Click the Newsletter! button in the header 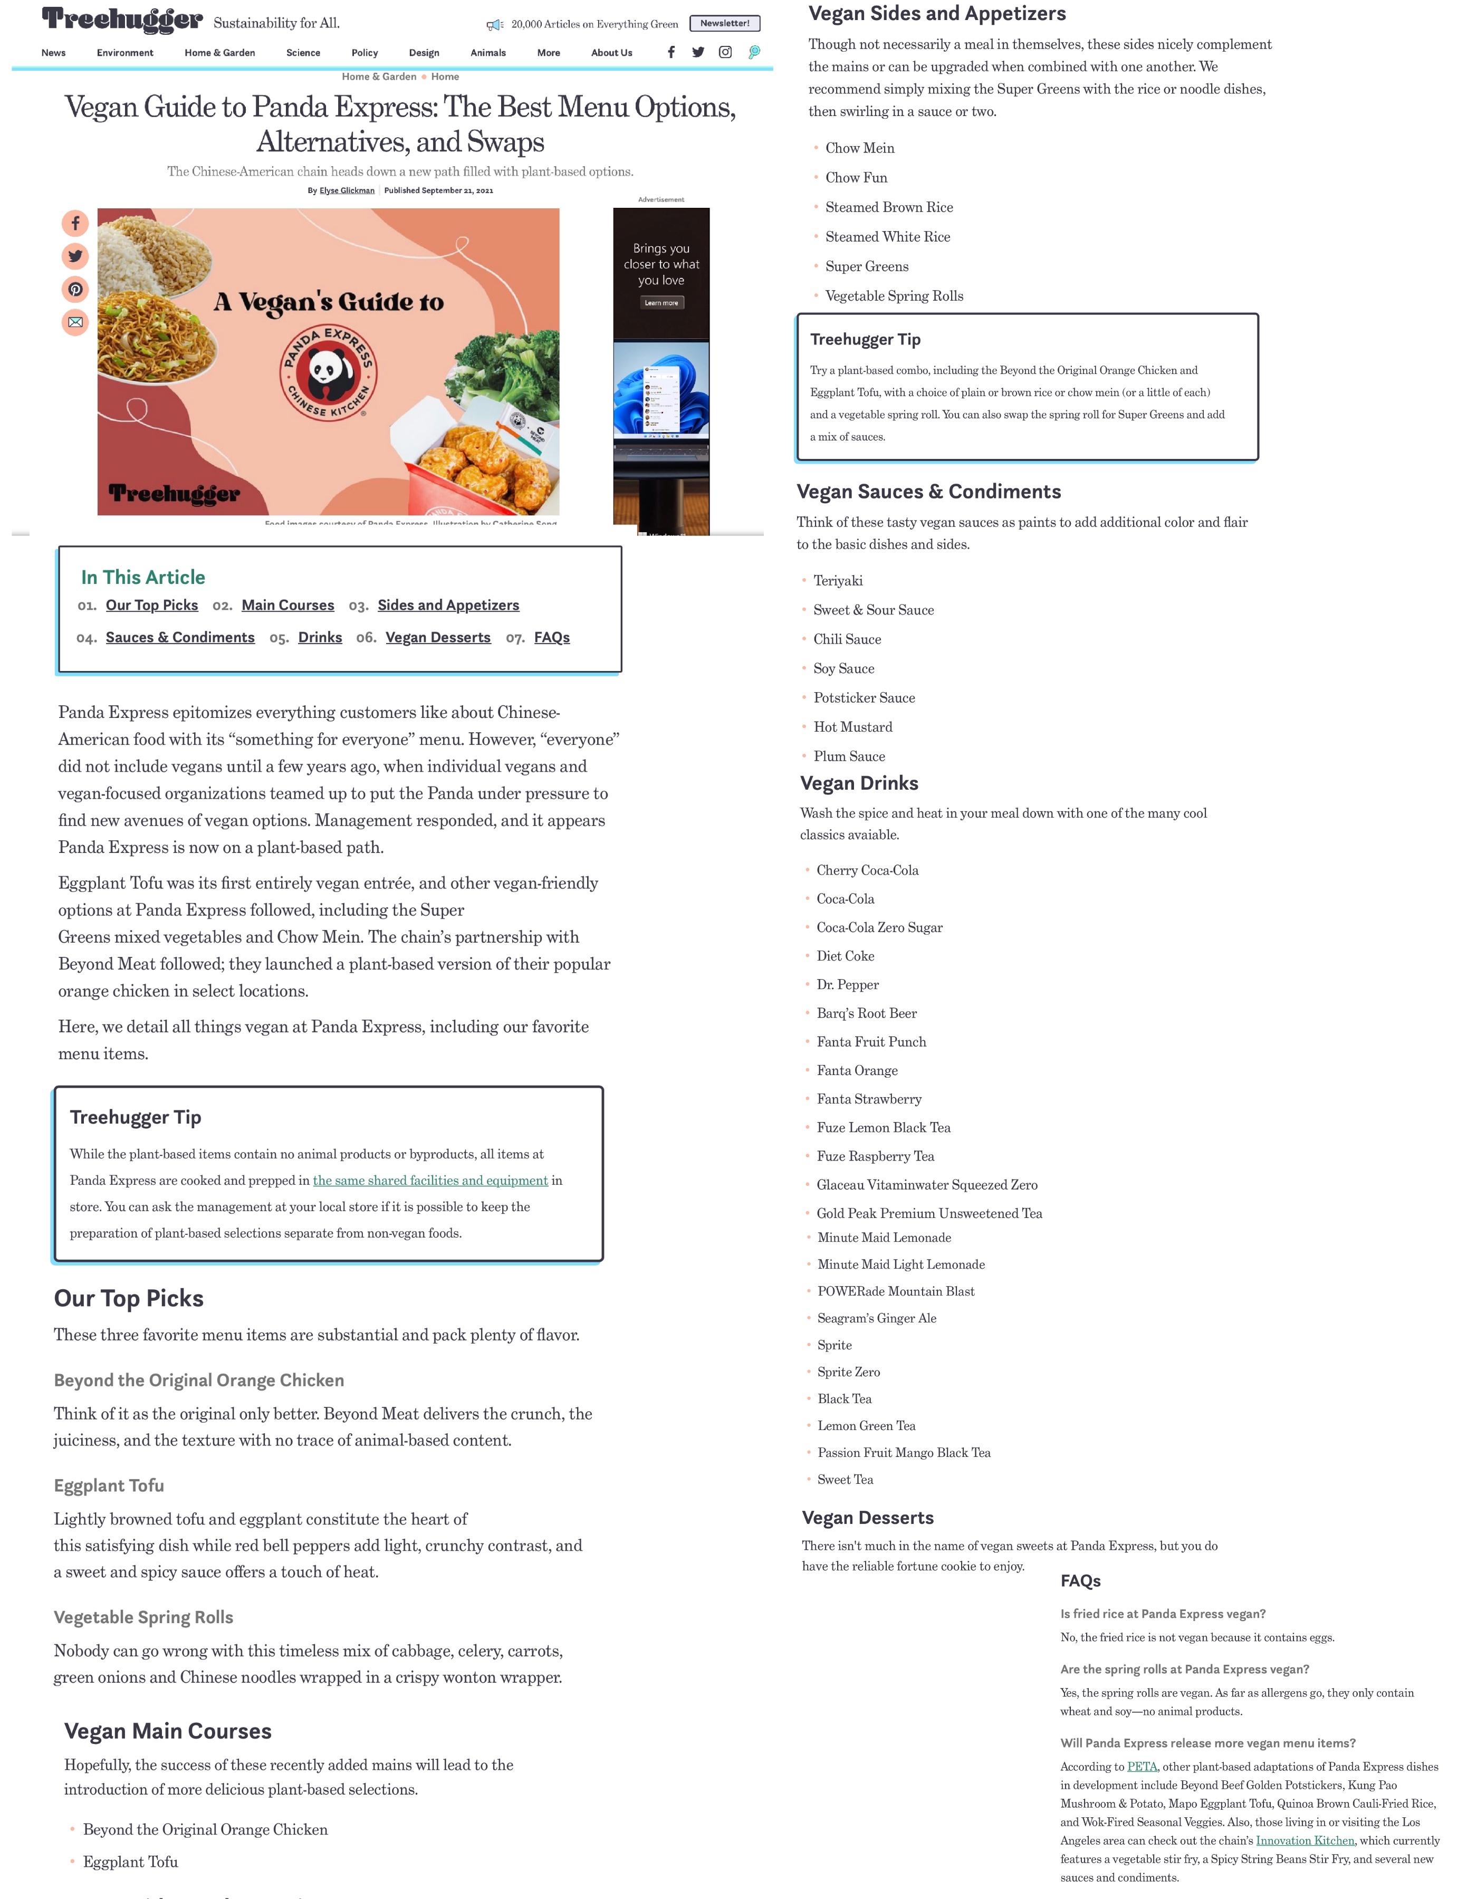[x=724, y=24]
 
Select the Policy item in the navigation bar [x=365, y=53]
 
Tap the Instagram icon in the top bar [x=725, y=52]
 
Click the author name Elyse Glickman [x=347, y=190]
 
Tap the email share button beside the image [x=75, y=323]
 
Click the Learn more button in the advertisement [x=661, y=303]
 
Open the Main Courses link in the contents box [x=287, y=605]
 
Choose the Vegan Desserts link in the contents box [x=438, y=637]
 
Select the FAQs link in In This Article [x=552, y=637]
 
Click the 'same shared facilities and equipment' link [x=430, y=1180]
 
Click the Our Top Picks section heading [x=129, y=1298]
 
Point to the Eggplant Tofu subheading [x=109, y=1485]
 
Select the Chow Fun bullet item [x=856, y=177]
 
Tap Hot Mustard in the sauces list [x=853, y=727]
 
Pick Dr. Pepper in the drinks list [x=848, y=984]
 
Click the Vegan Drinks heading [x=859, y=783]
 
